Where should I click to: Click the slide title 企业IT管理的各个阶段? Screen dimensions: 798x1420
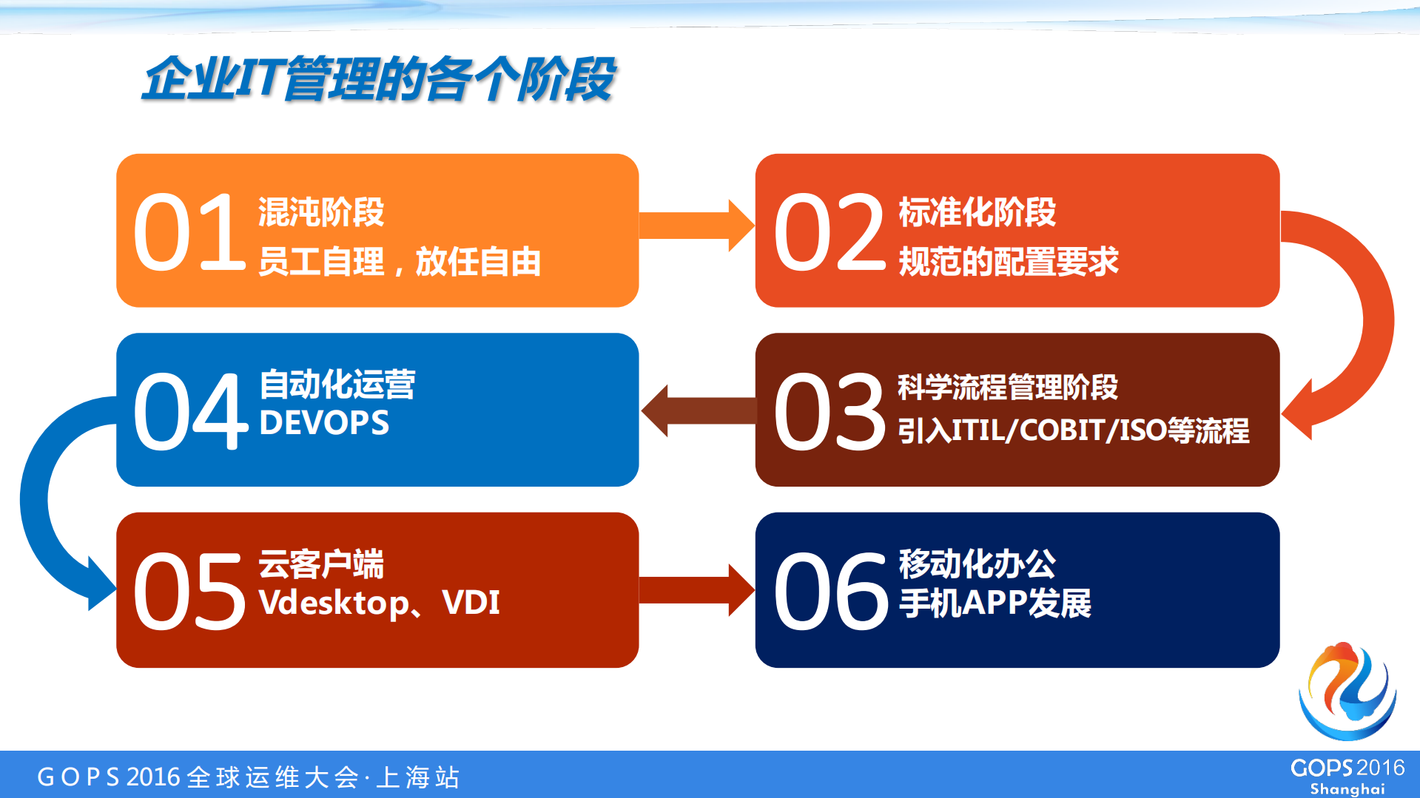point(379,78)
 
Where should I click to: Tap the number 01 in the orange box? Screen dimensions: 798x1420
point(189,232)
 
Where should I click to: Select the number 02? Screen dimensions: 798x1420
point(829,232)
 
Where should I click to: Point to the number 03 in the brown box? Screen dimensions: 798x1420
point(829,411)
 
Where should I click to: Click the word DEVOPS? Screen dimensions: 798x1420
point(324,423)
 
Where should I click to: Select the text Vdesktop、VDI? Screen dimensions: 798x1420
point(379,602)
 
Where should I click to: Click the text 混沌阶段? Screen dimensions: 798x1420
point(321,212)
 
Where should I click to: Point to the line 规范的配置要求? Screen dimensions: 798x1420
point(1008,262)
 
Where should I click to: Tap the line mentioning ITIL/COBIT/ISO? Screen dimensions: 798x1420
point(1073,430)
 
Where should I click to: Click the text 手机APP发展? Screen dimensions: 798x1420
point(995,603)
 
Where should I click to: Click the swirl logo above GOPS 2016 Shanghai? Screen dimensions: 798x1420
point(1347,692)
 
